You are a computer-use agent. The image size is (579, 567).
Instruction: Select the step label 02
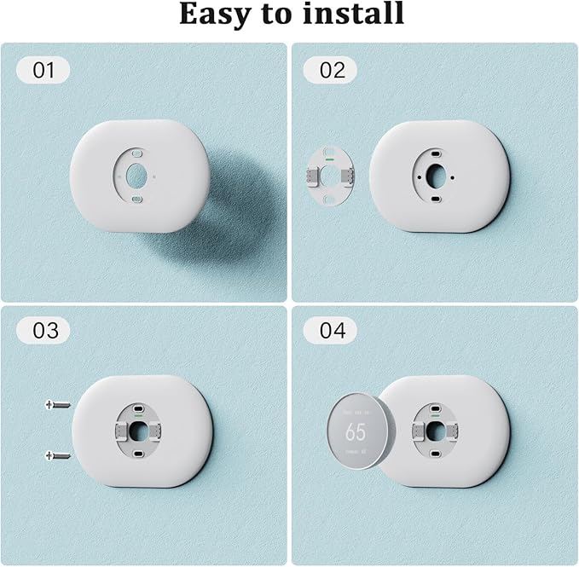point(333,70)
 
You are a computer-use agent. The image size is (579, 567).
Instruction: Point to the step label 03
point(44,330)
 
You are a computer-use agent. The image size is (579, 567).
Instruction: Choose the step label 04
point(333,330)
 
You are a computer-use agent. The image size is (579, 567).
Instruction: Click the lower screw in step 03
point(58,456)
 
